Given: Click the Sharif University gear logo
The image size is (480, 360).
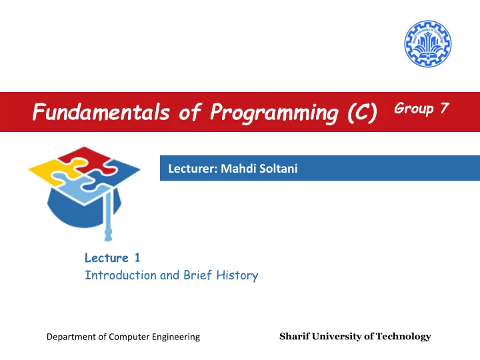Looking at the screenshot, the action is click(427, 44).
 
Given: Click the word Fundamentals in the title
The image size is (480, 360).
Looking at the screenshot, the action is click(101, 111).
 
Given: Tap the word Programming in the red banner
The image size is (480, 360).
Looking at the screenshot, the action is click(274, 113).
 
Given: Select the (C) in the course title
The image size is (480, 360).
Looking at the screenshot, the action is click(363, 113).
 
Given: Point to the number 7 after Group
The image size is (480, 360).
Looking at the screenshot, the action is click(445, 108).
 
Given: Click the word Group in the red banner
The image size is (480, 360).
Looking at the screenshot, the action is click(414, 109).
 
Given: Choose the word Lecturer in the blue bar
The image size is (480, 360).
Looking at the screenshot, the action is click(193, 169).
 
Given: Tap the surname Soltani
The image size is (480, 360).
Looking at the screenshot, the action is click(278, 168).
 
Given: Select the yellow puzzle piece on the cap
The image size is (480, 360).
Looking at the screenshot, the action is click(55, 171).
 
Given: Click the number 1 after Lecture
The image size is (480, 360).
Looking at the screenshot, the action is click(137, 258).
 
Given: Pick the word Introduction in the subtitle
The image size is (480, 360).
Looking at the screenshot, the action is click(121, 275).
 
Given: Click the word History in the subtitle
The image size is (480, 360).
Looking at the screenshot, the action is click(237, 275).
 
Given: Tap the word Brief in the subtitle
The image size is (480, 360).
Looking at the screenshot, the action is click(197, 275).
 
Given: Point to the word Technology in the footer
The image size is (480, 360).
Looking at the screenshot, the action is click(403, 337).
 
